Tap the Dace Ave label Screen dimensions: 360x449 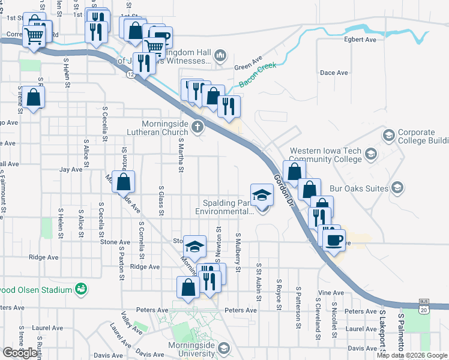[x=334, y=73]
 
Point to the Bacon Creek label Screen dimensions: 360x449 [x=258, y=75]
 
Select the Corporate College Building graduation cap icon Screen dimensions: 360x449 [x=389, y=136]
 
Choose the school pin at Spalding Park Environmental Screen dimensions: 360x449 [x=261, y=195]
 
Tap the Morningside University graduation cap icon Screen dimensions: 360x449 [x=223, y=349]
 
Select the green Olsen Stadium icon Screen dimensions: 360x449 [x=80, y=290]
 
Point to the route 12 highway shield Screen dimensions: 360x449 [x=130, y=74]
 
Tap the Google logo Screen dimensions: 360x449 [x=20, y=353]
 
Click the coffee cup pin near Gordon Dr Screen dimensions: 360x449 [x=334, y=240]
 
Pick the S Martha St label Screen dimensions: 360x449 [x=180, y=154]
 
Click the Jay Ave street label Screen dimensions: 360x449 [x=70, y=170]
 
